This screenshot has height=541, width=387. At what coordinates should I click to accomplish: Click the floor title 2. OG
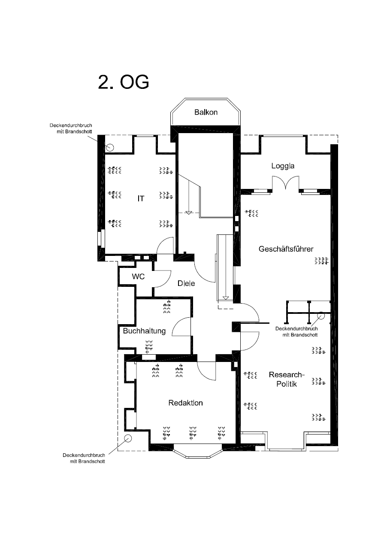coord(124,82)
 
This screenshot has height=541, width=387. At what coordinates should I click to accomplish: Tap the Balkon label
coord(206,112)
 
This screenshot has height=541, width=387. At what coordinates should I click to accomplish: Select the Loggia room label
coord(283,166)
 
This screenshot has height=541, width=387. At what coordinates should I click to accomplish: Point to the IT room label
coord(141,198)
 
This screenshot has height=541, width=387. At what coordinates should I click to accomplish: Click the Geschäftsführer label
coord(286,249)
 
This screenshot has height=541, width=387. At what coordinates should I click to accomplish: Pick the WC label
coord(138,277)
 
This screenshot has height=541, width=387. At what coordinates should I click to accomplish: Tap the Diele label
coord(186,283)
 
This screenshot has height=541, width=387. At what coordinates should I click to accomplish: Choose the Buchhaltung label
coord(144,331)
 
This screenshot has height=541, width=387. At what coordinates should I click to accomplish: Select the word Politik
coord(287,384)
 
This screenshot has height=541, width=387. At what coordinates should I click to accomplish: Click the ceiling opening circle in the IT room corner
coord(110,147)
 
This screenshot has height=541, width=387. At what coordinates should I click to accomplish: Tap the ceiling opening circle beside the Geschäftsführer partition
coord(321,316)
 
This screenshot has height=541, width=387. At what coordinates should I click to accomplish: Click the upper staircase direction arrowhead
coord(189,213)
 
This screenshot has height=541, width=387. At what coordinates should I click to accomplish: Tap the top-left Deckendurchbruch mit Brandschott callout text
coord(71,128)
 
